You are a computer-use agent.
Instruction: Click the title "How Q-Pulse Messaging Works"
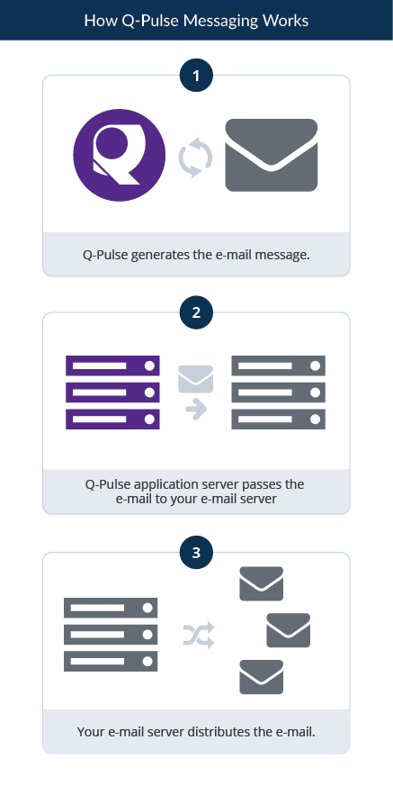tap(196, 21)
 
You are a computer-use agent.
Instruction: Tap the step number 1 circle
tap(196, 76)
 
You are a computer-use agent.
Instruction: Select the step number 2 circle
tap(196, 313)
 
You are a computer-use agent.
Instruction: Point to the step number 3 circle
tap(196, 553)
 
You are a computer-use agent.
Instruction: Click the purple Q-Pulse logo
tap(119, 155)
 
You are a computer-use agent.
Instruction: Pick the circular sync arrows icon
tap(195, 158)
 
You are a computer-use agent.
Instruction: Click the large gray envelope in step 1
tap(272, 155)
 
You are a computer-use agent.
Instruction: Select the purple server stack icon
tap(112, 392)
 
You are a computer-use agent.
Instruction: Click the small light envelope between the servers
tap(195, 379)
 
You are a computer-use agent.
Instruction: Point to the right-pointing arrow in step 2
tap(196, 410)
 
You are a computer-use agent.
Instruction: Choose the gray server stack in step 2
tap(278, 392)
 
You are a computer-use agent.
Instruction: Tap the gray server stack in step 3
tap(111, 635)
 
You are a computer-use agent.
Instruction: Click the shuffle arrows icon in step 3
tap(199, 635)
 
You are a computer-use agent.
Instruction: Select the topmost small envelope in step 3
tap(262, 583)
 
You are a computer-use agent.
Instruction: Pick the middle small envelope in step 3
tap(289, 630)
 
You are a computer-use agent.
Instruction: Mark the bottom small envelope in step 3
tap(262, 677)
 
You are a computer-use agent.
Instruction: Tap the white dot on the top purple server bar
tap(149, 366)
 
